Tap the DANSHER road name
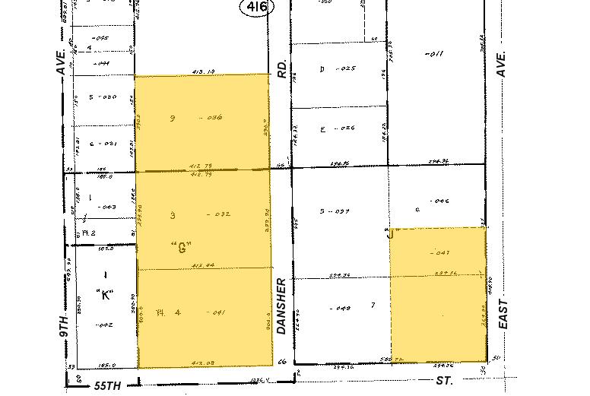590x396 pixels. pyautogui.click(x=282, y=306)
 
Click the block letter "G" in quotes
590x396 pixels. pyautogui.click(x=180, y=247)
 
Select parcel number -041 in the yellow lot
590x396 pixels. pyautogui.click(x=217, y=312)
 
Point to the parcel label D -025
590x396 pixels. pyautogui.click(x=338, y=69)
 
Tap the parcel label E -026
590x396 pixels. pyautogui.click(x=338, y=129)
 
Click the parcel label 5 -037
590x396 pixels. pyautogui.click(x=335, y=211)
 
